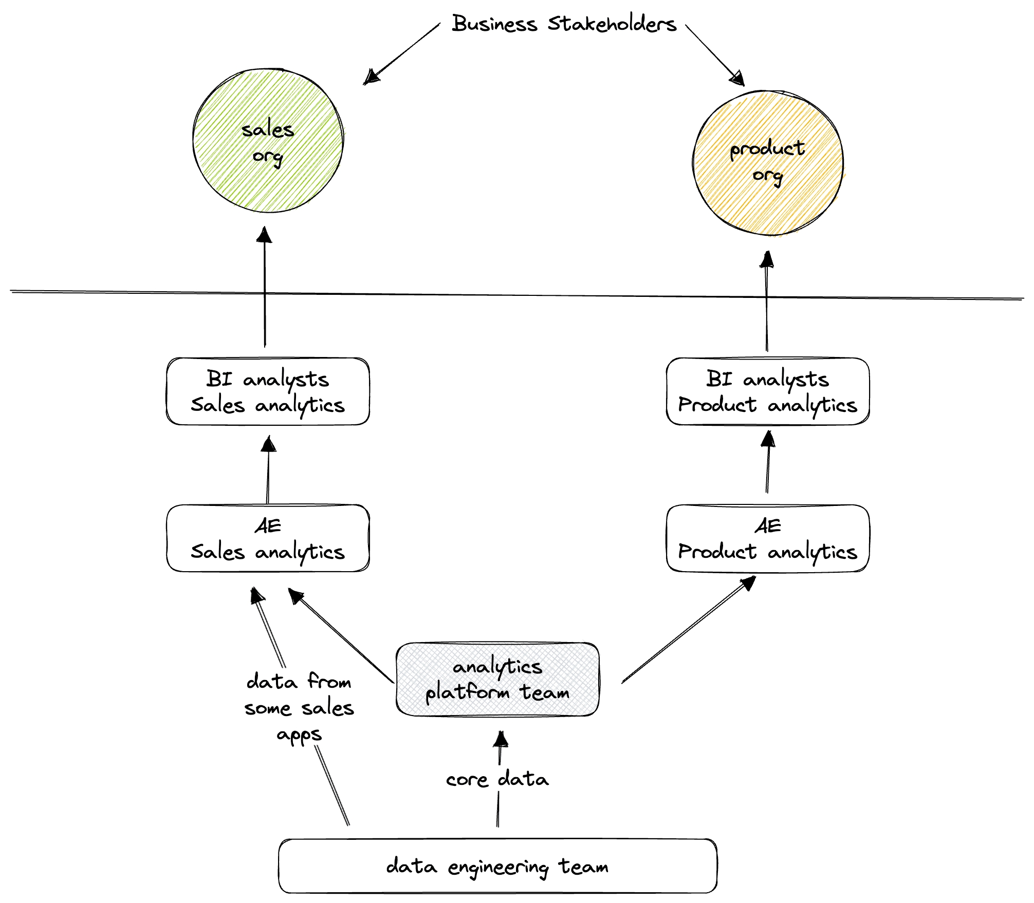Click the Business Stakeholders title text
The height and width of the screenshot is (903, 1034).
564,24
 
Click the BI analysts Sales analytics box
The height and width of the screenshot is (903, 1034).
268,391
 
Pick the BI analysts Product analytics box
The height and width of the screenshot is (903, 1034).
768,391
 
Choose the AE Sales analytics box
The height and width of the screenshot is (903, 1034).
268,538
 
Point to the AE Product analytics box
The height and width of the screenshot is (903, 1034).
768,538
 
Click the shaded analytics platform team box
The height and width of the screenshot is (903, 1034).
497,679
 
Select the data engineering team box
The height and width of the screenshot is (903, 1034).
497,866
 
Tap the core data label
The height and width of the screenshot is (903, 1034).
497,779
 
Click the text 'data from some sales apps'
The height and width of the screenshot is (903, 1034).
299,707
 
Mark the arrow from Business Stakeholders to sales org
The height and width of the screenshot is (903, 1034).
402,53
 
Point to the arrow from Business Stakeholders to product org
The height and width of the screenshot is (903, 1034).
714,54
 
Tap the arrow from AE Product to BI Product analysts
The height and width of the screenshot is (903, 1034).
768,462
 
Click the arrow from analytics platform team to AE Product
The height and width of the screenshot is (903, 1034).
689,630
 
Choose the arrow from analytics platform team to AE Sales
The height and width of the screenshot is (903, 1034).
341,635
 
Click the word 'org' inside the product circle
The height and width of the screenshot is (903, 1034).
768,176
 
